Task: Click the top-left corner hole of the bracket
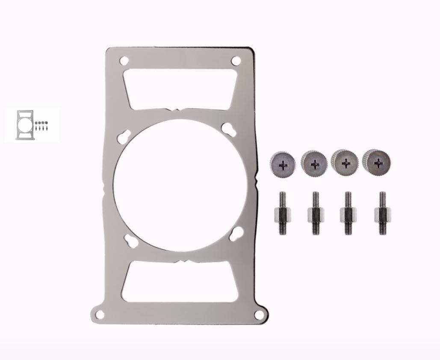pyautogui.click(x=124, y=60)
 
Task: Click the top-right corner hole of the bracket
pyautogui.click(x=236, y=61)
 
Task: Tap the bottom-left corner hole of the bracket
pyautogui.click(x=100, y=315)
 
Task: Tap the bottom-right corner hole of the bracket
pyautogui.click(x=258, y=315)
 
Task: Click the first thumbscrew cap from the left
pyautogui.click(x=283, y=163)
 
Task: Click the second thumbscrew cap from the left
pyautogui.click(x=314, y=163)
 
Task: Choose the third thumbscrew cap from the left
pyautogui.click(x=345, y=162)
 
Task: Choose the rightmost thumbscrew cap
pyautogui.click(x=376, y=162)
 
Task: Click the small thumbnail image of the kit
pyautogui.click(x=32, y=125)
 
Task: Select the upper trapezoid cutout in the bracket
pyautogui.click(x=180, y=89)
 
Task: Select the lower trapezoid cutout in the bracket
pyautogui.click(x=180, y=282)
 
